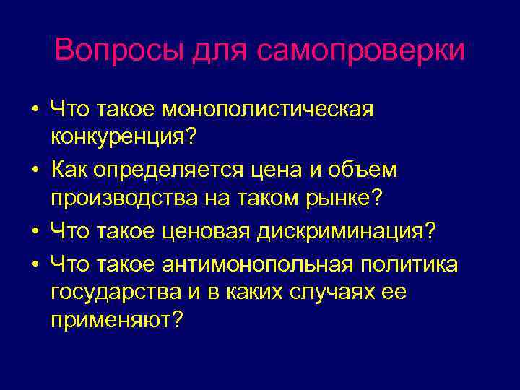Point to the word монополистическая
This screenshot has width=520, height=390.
pyautogui.click(x=269, y=110)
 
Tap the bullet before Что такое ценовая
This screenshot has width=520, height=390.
pyautogui.click(x=35, y=233)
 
